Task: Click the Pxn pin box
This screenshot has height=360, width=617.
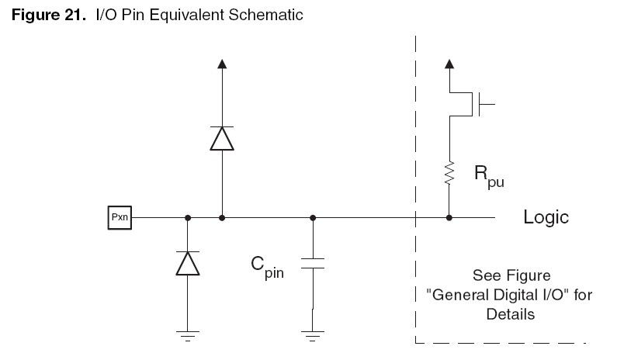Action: coord(120,218)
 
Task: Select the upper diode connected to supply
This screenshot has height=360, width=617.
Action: coord(223,139)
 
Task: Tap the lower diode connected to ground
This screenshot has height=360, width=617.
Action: coord(187,264)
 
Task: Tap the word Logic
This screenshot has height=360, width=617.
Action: coord(546,217)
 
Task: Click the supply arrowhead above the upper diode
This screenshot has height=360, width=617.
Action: coord(223,64)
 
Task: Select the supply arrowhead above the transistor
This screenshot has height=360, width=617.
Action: coord(449,64)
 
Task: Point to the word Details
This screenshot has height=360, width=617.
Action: coord(511,314)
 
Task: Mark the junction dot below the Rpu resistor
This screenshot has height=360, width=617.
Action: coord(449,218)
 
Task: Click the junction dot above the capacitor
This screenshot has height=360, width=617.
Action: coord(312,218)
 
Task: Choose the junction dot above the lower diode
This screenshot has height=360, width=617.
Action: coord(187,218)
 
